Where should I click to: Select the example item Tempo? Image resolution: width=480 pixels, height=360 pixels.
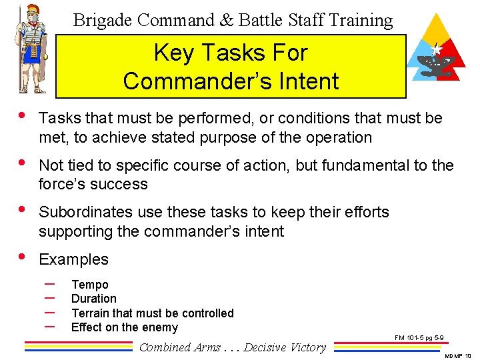(x=89, y=285)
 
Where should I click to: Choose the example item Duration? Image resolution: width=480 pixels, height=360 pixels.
(x=93, y=299)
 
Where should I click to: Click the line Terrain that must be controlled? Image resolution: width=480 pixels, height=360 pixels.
(x=152, y=313)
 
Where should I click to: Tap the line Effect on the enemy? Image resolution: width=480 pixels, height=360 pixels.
(x=124, y=327)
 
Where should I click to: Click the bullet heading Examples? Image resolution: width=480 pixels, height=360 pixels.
(x=73, y=259)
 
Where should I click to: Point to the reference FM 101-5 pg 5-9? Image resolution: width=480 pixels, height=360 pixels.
(x=419, y=338)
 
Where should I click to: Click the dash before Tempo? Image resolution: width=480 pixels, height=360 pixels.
(x=48, y=285)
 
